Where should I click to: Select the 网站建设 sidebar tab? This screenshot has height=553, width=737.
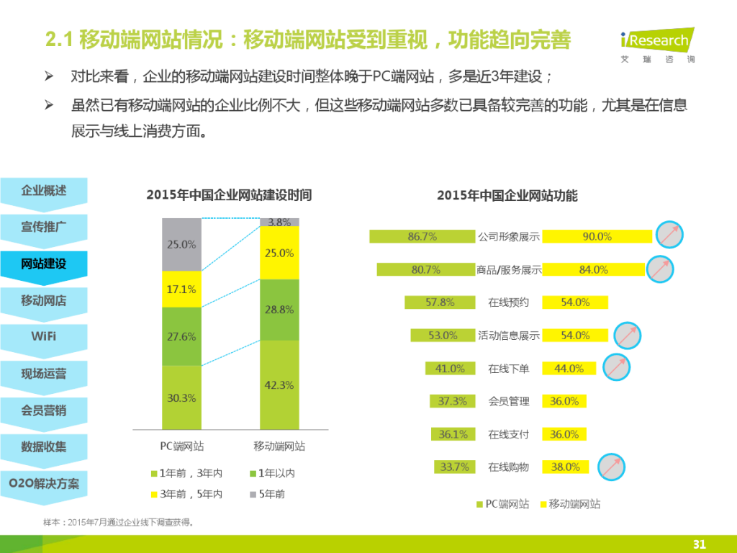44,264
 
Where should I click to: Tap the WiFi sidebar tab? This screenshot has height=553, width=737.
44,336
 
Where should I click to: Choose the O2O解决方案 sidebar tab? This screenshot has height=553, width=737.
44,483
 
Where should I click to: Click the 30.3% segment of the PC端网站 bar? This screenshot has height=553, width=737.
181,397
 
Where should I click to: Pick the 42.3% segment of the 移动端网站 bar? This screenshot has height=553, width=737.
279,385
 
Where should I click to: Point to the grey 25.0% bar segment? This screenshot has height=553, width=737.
181,244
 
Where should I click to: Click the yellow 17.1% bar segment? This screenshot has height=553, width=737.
181,289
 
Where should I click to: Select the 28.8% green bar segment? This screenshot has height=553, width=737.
279,310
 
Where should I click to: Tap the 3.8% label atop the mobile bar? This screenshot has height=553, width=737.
279,222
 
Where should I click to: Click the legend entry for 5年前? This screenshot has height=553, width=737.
267,495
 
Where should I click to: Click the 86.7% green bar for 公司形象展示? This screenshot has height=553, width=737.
422,236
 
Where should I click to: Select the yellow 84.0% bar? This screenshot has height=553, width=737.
594,269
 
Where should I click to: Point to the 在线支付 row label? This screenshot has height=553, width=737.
508,434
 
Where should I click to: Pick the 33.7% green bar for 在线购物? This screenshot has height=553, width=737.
454,467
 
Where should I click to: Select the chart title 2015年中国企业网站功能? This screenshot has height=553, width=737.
507,195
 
